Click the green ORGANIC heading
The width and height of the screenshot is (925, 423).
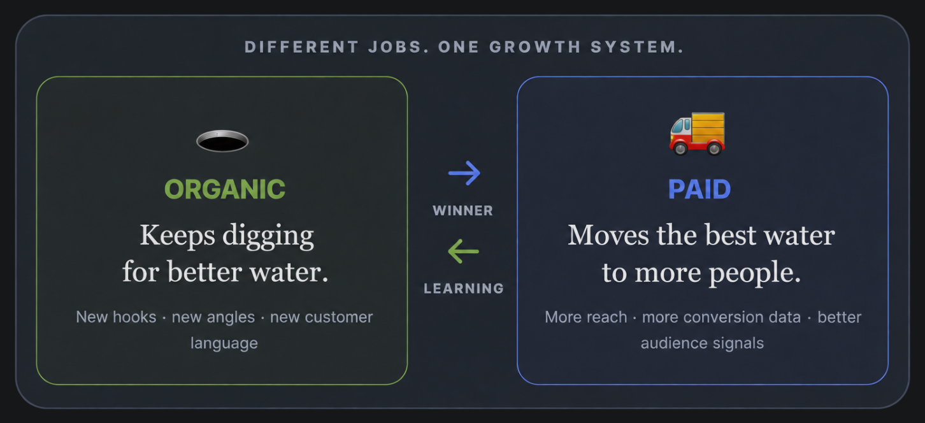point(225,189)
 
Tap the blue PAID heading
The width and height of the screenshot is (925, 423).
point(699,189)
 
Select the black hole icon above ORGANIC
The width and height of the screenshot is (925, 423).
point(222,141)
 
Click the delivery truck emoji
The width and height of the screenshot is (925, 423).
point(697,133)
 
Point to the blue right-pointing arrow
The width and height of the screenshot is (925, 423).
point(464,173)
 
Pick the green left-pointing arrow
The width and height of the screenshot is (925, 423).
point(463,251)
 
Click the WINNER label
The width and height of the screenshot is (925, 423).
point(463,211)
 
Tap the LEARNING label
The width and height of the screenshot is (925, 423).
point(464,289)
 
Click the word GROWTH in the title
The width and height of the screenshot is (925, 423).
point(535,47)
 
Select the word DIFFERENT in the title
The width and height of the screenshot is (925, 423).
point(301,47)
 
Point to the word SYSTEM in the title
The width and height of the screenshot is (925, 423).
point(637,47)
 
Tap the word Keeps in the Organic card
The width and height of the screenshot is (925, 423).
point(177,236)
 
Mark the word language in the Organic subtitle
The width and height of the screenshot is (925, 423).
point(224,344)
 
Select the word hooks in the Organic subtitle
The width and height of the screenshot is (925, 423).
point(134,317)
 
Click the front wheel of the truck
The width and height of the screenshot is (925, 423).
point(680,148)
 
